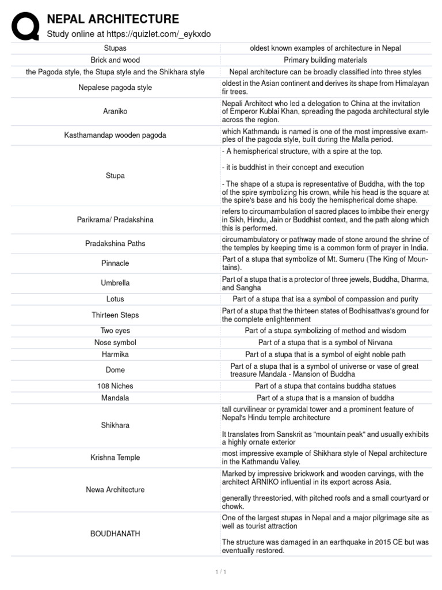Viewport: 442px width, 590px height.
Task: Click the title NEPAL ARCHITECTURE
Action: point(113,20)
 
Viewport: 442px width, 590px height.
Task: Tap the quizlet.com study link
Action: point(128,34)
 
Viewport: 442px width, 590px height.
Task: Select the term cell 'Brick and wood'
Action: point(115,60)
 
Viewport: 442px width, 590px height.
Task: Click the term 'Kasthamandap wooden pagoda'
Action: point(115,135)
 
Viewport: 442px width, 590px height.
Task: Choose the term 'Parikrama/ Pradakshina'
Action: point(115,220)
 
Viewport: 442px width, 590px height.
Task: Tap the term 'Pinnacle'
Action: point(115,263)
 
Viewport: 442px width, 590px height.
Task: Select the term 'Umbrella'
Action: point(115,283)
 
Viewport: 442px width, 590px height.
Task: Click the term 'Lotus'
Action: point(115,299)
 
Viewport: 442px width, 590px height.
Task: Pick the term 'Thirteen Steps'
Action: point(115,315)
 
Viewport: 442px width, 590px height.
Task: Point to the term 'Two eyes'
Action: point(115,331)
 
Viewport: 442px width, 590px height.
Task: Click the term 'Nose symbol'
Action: point(115,342)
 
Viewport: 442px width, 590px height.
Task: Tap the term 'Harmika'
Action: point(115,354)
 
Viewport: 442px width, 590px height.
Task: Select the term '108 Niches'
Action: point(115,386)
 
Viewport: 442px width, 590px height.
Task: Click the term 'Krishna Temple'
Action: point(115,457)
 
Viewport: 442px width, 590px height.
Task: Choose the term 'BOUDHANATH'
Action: point(115,534)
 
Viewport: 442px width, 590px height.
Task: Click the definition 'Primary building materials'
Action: point(325,60)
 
